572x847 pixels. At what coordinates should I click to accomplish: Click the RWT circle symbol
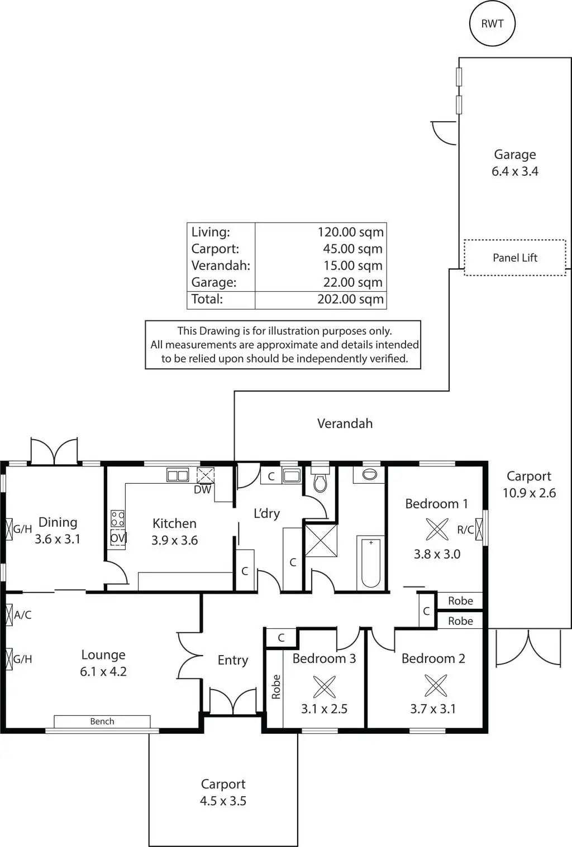click(x=492, y=23)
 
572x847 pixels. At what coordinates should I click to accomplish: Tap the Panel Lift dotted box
click(x=514, y=257)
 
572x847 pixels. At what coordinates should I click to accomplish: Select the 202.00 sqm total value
click(x=350, y=299)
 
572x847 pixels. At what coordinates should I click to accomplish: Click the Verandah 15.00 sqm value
click(x=352, y=266)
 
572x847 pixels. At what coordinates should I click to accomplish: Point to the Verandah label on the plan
click(x=345, y=423)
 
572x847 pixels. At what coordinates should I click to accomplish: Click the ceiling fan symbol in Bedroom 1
click(x=437, y=529)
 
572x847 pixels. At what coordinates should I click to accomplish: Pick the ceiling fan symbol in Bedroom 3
click(x=324, y=687)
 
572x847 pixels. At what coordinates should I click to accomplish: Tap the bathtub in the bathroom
click(x=371, y=562)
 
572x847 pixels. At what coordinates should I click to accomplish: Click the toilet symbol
click(x=320, y=483)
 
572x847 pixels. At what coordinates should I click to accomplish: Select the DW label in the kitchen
click(x=202, y=490)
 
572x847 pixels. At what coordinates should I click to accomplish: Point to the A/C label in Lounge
click(x=23, y=615)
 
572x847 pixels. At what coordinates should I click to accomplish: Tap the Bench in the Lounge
click(x=102, y=721)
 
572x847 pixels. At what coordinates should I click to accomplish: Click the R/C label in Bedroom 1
click(x=465, y=530)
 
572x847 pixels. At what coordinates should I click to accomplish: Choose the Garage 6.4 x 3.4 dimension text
click(x=514, y=171)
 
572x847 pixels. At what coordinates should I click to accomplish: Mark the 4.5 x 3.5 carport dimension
click(x=223, y=801)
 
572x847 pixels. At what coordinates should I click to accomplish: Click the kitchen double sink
click(x=178, y=475)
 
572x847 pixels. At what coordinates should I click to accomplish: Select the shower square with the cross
click(x=321, y=540)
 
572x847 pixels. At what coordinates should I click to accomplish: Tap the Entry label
click(x=232, y=660)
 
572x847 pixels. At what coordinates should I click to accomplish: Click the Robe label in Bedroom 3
click(x=276, y=687)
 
